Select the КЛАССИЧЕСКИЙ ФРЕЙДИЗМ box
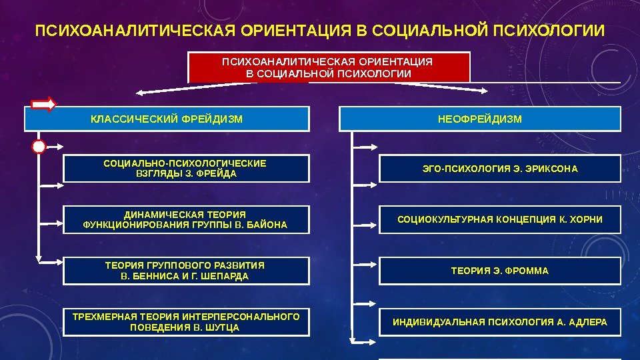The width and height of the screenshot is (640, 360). pos(167,119)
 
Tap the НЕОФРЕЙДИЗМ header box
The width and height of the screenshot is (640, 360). pos(480,119)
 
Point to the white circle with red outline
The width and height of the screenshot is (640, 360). pos(39,146)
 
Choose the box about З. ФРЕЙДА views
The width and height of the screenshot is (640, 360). pos(186,168)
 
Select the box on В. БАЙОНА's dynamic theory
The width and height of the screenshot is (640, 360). pos(186,219)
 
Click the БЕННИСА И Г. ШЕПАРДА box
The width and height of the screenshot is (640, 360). pos(186,271)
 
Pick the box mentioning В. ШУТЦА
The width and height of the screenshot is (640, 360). pos(186,322)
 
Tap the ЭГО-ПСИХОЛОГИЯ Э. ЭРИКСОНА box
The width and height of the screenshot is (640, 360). pos(500,169)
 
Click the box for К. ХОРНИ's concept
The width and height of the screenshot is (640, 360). pos(500,219)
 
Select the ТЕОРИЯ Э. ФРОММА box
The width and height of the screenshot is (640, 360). pos(500,271)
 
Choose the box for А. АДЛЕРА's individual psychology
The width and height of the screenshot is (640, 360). pos(500,322)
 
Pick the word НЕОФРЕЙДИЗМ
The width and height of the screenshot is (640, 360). pos(480,119)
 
